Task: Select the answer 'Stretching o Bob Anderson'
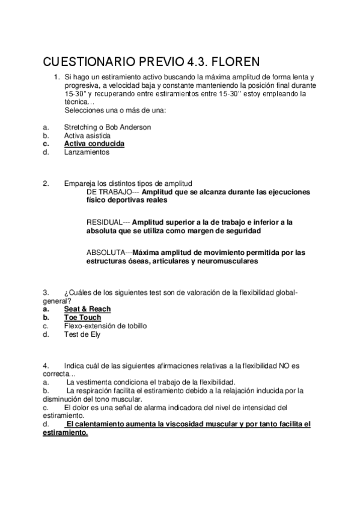point(108,127)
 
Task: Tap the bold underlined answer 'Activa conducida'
point(94,144)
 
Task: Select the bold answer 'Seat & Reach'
point(87,309)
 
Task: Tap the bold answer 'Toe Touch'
point(82,318)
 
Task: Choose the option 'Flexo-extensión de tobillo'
point(105,326)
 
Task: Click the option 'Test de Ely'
point(82,334)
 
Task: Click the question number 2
point(46,183)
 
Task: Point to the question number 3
point(46,292)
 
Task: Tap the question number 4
point(46,366)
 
